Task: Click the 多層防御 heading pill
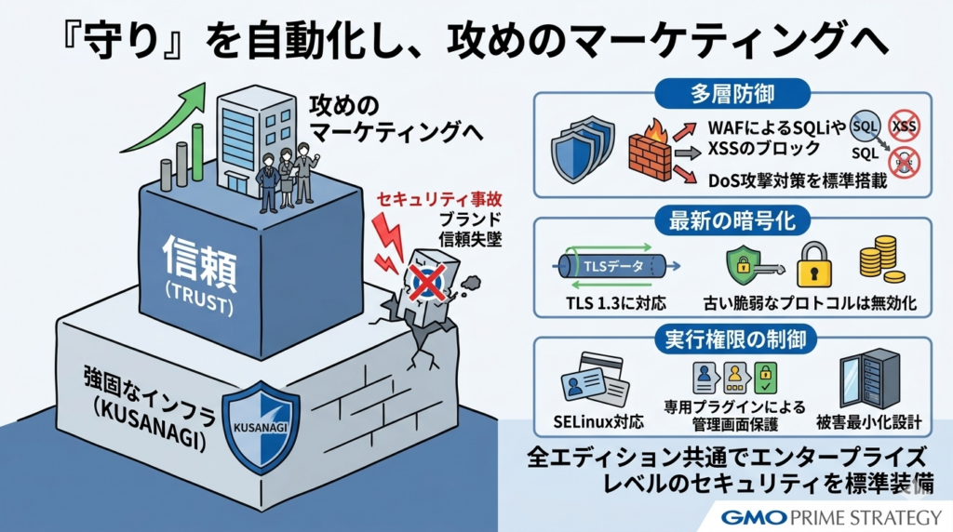pyautogui.click(x=732, y=95)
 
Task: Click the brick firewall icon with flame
pyautogui.click(x=648, y=147)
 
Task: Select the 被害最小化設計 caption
pyautogui.click(x=867, y=421)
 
